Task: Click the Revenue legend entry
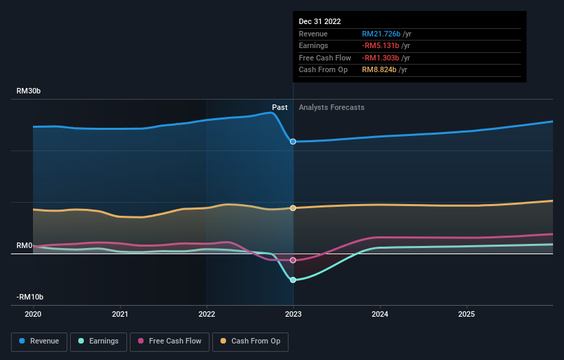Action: click(x=39, y=341)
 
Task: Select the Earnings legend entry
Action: click(x=98, y=341)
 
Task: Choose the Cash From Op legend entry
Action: click(x=251, y=341)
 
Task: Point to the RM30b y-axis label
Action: click(x=30, y=91)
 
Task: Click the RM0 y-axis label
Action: click(x=24, y=245)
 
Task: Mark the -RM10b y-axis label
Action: click(x=30, y=297)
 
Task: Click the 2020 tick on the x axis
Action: click(x=33, y=314)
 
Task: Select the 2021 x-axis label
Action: click(x=120, y=314)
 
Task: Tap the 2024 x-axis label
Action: click(x=380, y=314)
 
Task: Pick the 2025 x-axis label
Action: click(x=466, y=314)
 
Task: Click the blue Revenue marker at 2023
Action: click(x=293, y=142)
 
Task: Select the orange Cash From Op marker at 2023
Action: click(x=293, y=208)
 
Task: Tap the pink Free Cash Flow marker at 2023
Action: click(x=293, y=260)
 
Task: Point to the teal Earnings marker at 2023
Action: click(x=293, y=280)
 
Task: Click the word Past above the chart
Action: click(x=280, y=107)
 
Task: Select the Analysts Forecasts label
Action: click(x=332, y=107)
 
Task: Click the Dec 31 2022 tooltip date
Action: click(x=319, y=21)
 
